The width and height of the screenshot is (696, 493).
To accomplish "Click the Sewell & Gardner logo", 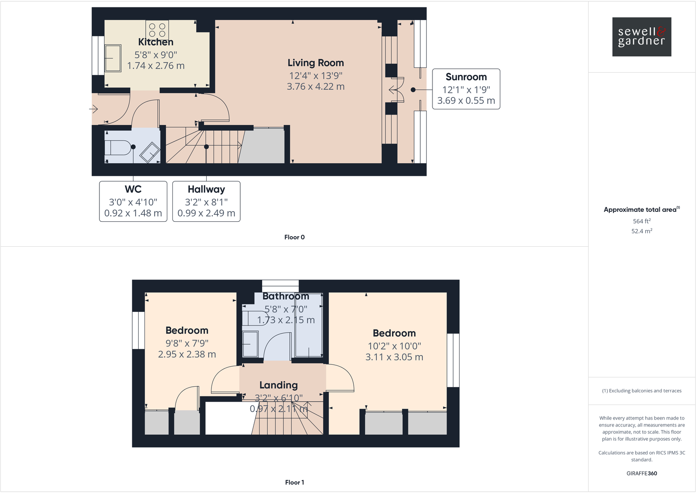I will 641,37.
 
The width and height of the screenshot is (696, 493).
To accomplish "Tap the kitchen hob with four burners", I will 157,30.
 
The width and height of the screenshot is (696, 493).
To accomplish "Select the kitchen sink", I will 113,58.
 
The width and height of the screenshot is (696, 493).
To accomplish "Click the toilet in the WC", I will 117,147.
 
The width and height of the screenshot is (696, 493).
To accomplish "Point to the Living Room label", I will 316,63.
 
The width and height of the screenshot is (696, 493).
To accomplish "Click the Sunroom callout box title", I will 466,77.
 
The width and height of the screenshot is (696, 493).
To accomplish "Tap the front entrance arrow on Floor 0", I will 94,109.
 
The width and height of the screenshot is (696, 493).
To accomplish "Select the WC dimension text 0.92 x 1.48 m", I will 133,213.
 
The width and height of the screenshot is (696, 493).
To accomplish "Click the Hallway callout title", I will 206,189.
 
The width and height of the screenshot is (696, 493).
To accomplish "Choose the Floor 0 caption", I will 294,237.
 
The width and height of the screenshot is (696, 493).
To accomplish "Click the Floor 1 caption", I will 294,482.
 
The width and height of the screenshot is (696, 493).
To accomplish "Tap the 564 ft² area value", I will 641,221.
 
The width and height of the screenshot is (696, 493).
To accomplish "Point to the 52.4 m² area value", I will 641,231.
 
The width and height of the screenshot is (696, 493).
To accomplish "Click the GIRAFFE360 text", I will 641,473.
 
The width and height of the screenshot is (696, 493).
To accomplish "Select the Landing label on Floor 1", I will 278,385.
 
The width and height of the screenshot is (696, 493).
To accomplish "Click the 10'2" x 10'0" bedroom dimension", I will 394,346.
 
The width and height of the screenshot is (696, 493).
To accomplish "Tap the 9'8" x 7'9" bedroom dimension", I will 187,343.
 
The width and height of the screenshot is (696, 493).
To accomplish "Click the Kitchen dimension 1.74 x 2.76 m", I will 156,66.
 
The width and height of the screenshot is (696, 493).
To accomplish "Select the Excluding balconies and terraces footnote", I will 641,391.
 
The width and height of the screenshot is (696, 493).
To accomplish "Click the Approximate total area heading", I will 640,210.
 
